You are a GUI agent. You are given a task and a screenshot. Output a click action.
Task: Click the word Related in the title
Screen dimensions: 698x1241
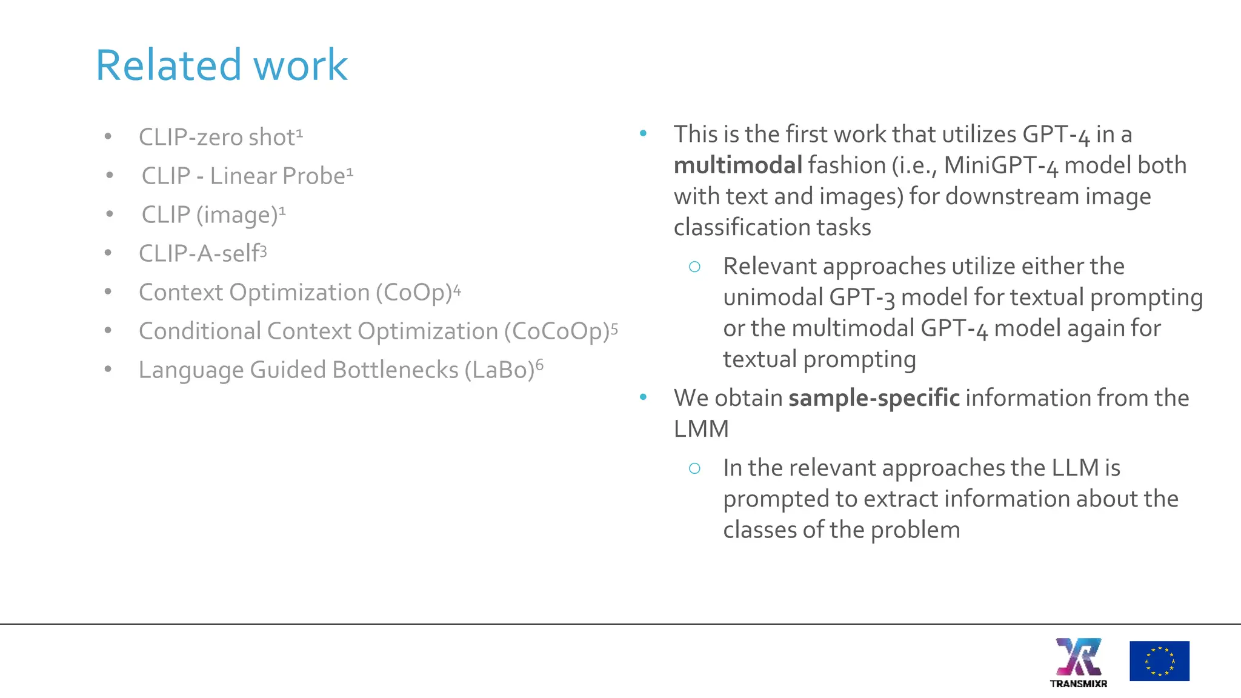point(169,65)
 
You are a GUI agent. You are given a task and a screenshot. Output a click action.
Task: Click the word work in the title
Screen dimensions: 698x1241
point(300,65)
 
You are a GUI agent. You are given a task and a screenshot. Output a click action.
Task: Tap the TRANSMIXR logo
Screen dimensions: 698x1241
point(1079,662)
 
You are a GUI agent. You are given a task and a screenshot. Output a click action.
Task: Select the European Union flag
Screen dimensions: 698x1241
point(1159,661)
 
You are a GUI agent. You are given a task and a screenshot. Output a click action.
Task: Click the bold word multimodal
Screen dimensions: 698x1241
point(737,165)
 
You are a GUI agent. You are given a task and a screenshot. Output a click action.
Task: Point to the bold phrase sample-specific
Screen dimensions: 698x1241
point(874,398)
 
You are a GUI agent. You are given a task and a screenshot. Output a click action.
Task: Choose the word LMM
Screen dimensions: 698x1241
point(701,429)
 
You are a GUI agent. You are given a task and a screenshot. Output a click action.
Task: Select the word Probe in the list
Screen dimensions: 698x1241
point(314,176)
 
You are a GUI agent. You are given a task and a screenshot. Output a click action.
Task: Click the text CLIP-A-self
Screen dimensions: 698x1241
point(199,253)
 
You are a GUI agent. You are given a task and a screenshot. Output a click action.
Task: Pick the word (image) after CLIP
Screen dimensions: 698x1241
point(236,215)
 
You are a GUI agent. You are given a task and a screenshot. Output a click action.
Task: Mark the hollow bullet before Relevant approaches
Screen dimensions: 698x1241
point(694,267)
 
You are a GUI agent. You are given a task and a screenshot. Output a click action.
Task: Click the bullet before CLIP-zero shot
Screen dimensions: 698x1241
point(108,137)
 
